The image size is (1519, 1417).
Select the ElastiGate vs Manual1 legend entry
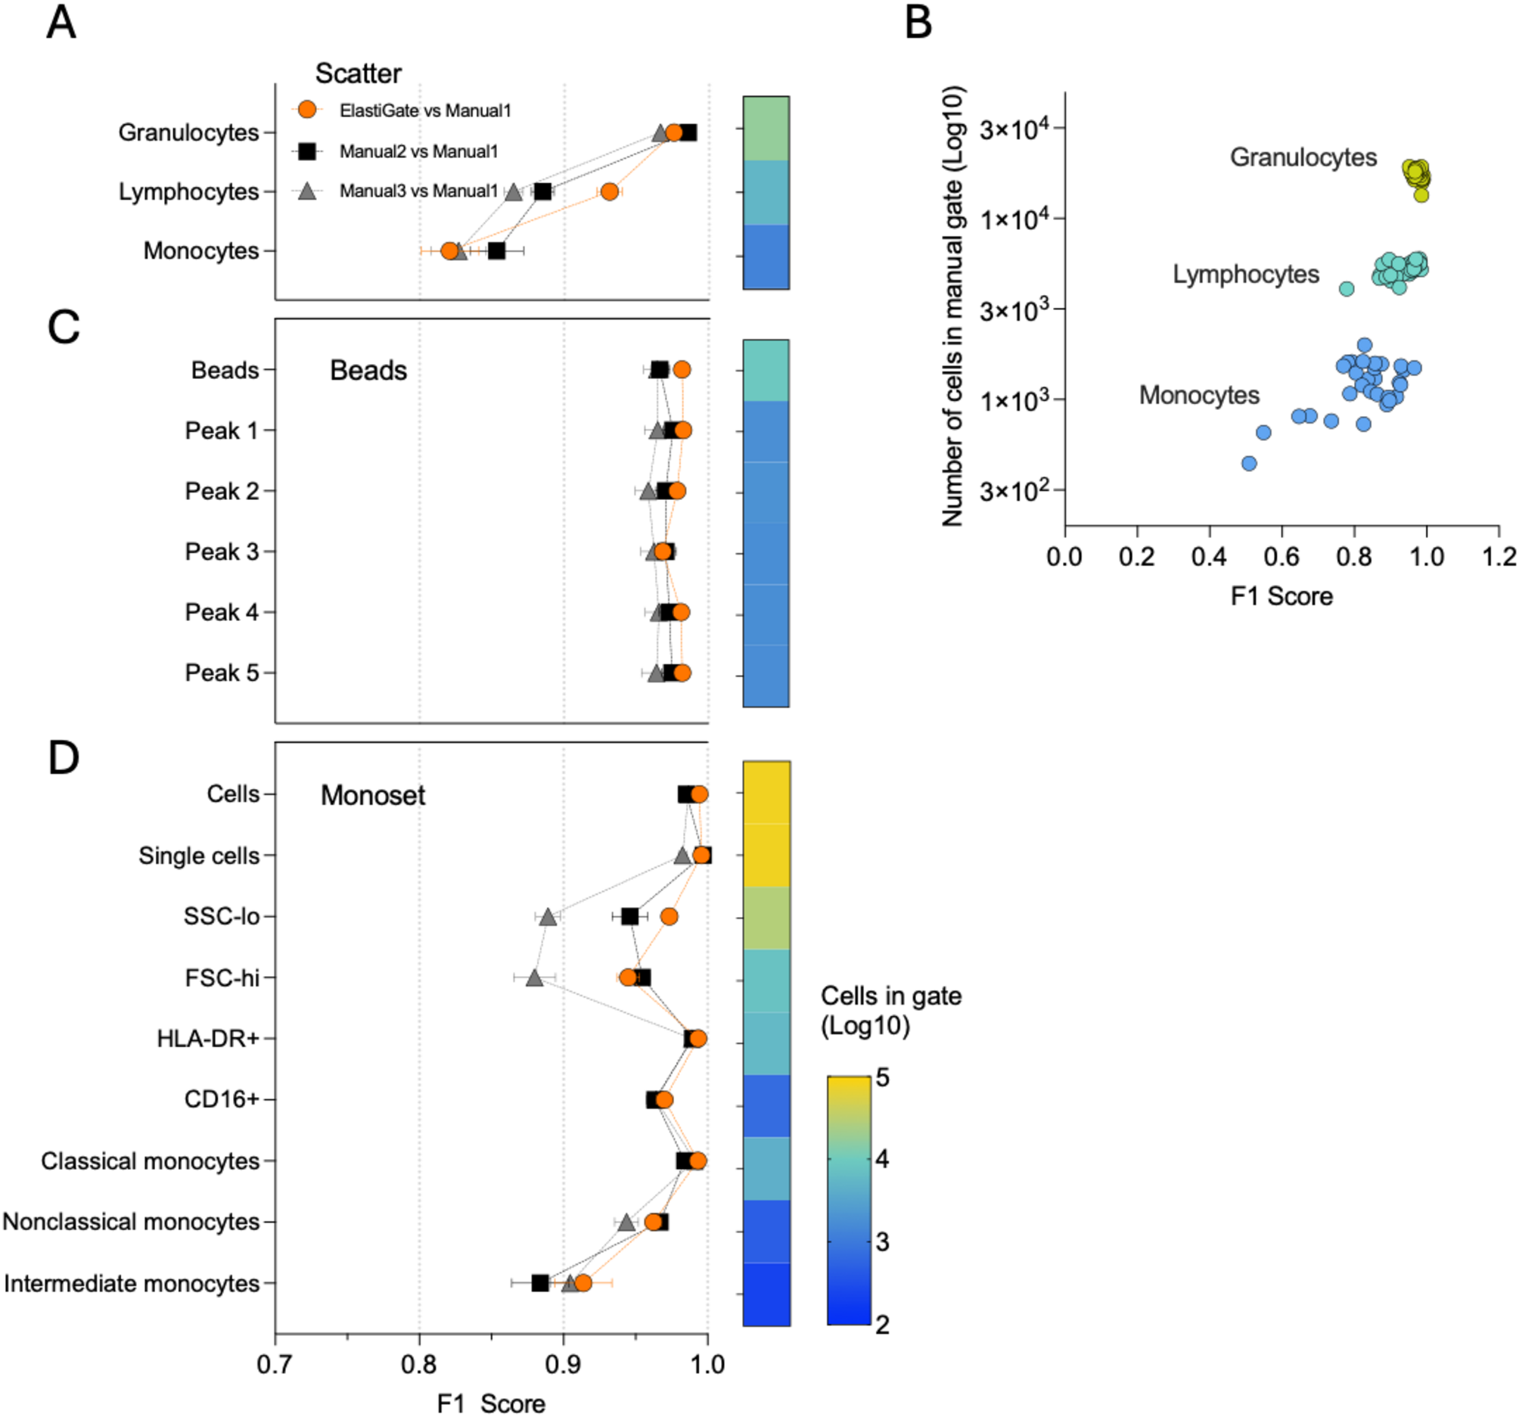[x=425, y=110]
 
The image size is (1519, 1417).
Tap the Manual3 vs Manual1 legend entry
[x=418, y=191]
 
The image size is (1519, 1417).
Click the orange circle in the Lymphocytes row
[x=609, y=191]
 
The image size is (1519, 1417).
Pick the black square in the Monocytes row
[x=497, y=250]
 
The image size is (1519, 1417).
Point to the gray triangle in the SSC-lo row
[x=547, y=916]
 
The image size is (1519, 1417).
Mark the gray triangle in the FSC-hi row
[x=534, y=977]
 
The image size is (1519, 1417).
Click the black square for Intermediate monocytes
[x=540, y=1283]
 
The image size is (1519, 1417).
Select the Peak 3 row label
[x=222, y=552]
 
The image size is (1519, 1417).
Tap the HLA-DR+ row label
[x=208, y=1039]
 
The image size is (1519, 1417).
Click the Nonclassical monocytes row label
[x=131, y=1222]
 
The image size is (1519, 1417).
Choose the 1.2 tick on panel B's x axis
[x=1499, y=556]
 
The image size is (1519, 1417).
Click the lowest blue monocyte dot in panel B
[x=1249, y=463]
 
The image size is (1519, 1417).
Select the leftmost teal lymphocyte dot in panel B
[x=1347, y=288]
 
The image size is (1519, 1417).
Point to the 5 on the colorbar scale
[x=883, y=1078]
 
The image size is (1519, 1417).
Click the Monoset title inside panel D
[x=372, y=796]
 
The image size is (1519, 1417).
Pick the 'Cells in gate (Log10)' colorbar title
[x=890, y=1011]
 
